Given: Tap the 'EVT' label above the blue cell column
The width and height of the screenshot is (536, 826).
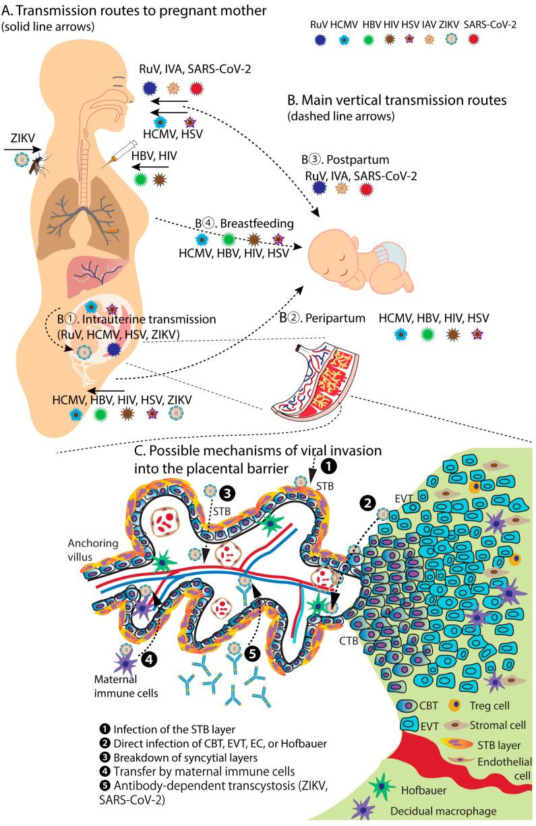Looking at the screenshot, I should (403, 498).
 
